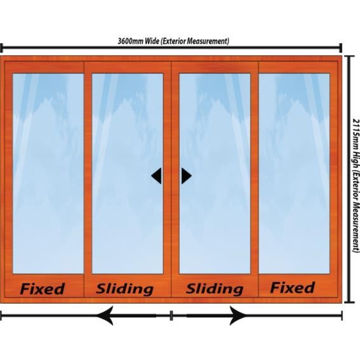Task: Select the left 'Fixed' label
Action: (x=43, y=288)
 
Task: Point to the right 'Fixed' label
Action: (x=292, y=288)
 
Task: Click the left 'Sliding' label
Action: (x=125, y=288)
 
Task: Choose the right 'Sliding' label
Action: (x=215, y=288)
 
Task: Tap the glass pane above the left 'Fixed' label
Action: (x=48, y=173)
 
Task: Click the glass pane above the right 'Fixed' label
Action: (x=294, y=173)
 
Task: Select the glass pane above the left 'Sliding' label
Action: (x=127, y=173)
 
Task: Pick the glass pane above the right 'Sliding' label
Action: (x=215, y=173)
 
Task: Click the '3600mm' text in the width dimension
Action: (x=131, y=41)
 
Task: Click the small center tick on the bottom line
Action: (x=171, y=315)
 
